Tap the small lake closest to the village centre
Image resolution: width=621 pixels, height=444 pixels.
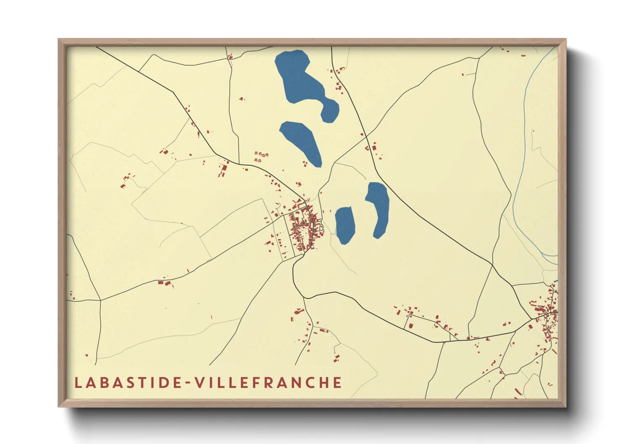pos(345,225)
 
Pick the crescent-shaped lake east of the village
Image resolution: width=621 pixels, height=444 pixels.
pos(379,208)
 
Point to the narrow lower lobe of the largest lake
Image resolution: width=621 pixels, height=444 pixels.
pos(330,110)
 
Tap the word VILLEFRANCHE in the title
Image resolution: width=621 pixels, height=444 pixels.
pos(269,383)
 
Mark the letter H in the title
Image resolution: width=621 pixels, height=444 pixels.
pos(323,383)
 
